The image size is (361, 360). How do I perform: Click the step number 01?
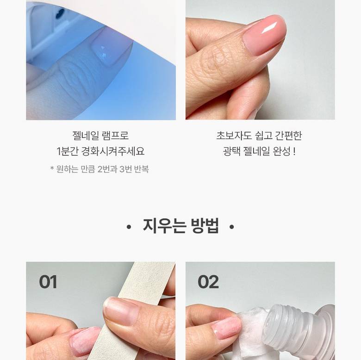(x=48, y=282)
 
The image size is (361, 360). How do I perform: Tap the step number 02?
(x=208, y=282)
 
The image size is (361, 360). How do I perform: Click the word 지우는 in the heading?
(x=164, y=226)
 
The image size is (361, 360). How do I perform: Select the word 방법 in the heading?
(x=205, y=226)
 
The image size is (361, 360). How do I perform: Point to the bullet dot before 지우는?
(x=129, y=227)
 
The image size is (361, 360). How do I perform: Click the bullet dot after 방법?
(x=232, y=227)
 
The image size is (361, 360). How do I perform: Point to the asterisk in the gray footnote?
(x=52, y=168)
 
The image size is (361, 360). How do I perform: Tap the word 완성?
(x=282, y=151)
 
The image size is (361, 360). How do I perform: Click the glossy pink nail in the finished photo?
(x=265, y=35)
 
